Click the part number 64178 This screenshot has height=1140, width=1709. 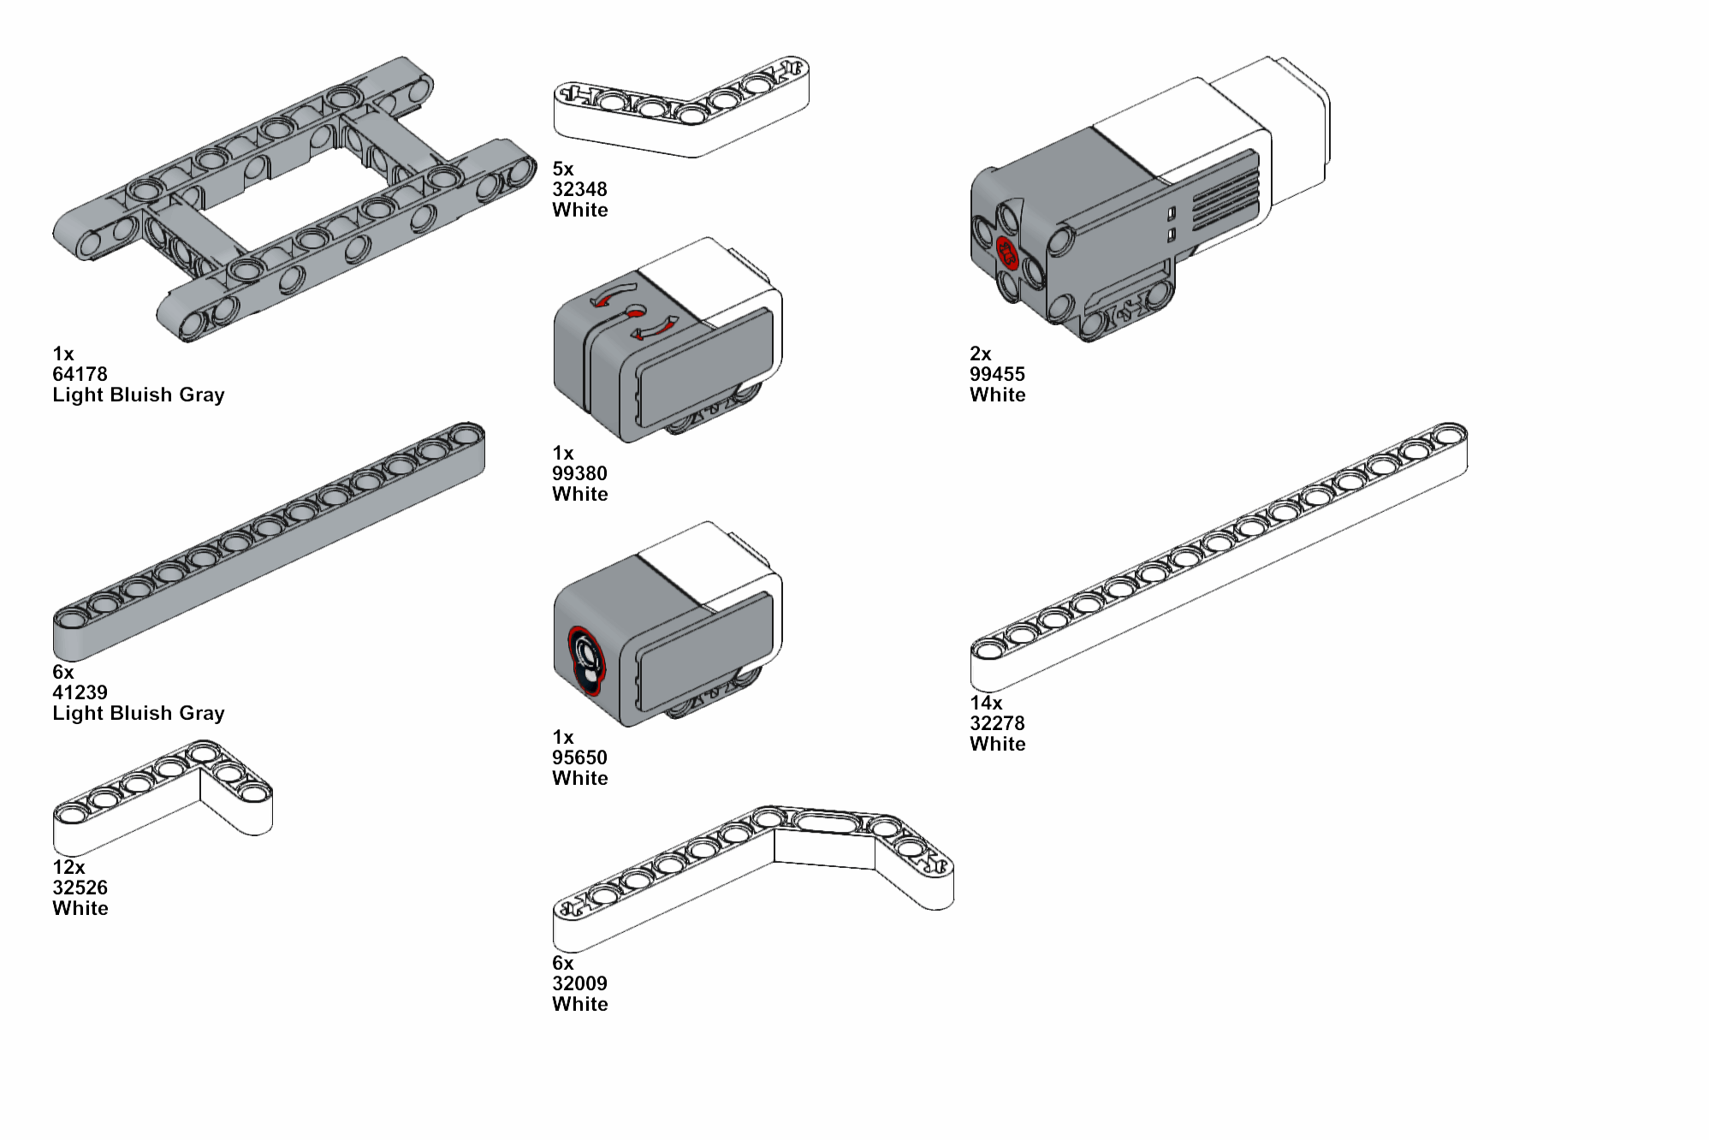click(x=80, y=374)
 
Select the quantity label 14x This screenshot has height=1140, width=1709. click(x=986, y=703)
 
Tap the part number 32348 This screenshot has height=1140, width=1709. click(x=579, y=189)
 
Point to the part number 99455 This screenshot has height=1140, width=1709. click(x=997, y=374)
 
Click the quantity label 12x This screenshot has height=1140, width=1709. click(x=68, y=867)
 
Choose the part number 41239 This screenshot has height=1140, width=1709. click(x=80, y=692)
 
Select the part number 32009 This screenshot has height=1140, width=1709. click(x=579, y=983)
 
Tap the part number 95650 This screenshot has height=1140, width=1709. click(x=579, y=757)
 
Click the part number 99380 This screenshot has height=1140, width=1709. click(x=579, y=473)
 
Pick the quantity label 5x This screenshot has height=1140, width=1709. click(x=563, y=169)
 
